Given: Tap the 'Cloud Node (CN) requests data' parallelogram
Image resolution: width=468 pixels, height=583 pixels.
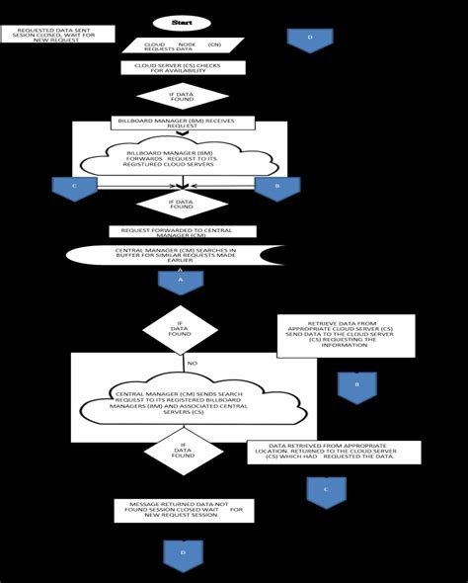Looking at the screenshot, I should click(183, 44).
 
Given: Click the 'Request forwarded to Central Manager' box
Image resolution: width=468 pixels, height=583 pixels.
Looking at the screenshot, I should click(183, 231).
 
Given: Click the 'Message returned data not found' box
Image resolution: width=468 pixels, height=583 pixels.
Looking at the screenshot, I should click(184, 510).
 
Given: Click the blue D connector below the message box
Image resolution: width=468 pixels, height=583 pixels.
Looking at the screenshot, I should click(183, 553).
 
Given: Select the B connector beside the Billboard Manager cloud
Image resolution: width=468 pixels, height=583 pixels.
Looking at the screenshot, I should click(276, 188).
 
